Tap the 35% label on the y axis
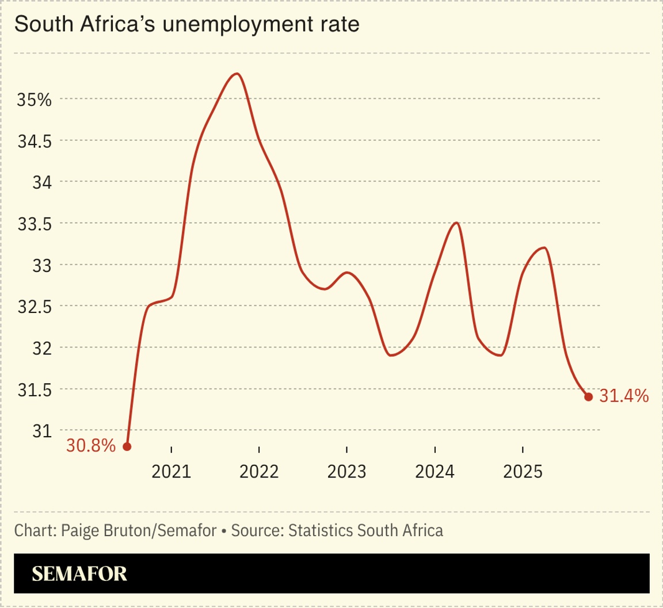pos(34,100)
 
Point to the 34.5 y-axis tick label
pos(33,141)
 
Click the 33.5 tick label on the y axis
pos(33,224)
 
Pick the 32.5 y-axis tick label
pos(33,307)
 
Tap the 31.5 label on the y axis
pos(33,389)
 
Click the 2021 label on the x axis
pos(172,472)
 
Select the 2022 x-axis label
pos(259,472)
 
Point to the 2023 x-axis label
pos(346,472)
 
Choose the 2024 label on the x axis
pos(435,472)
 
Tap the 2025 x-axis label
pos(522,472)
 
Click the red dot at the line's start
pos(127,446)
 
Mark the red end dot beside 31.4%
pos(588,396)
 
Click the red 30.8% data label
pos(91,446)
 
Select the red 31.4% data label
pos(624,396)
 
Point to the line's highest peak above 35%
pos(237,74)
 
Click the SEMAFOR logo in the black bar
pos(79,573)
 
